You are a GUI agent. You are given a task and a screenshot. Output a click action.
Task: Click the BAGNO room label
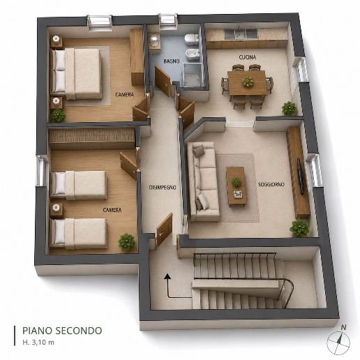(x=172, y=61)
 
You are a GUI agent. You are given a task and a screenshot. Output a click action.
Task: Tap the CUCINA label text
(x=248, y=57)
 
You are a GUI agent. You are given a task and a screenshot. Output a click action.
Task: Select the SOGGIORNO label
(x=271, y=184)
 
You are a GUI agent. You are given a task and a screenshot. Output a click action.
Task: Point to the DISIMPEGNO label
(x=163, y=188)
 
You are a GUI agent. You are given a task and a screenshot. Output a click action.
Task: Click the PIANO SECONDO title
(x=62, y=331)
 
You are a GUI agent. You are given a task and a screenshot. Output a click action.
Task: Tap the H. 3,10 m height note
(x=38, y=342)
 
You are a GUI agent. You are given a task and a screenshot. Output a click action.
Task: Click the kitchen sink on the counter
(x=241, y=33)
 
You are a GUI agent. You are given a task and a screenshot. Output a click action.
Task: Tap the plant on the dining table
(x=248, y=82)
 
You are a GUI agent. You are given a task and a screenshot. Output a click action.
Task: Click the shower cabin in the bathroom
(x=193, y=75)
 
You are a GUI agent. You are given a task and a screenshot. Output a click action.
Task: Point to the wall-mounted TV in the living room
(x=301, y=176)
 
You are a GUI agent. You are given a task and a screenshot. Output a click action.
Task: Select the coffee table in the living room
(x=237, y=186)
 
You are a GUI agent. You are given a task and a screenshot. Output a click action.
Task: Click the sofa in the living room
(x=203, y=181)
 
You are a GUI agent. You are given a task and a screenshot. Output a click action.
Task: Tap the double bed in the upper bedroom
(x=76, y=74)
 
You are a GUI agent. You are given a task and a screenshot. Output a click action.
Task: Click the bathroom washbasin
(x=154, y=41)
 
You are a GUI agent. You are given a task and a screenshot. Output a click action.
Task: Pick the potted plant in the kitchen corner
(x=289, y=108)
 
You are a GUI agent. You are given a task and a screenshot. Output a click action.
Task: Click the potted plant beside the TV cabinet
(x=299, y=227)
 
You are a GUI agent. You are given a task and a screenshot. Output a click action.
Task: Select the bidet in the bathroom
(x=192, y=54)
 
